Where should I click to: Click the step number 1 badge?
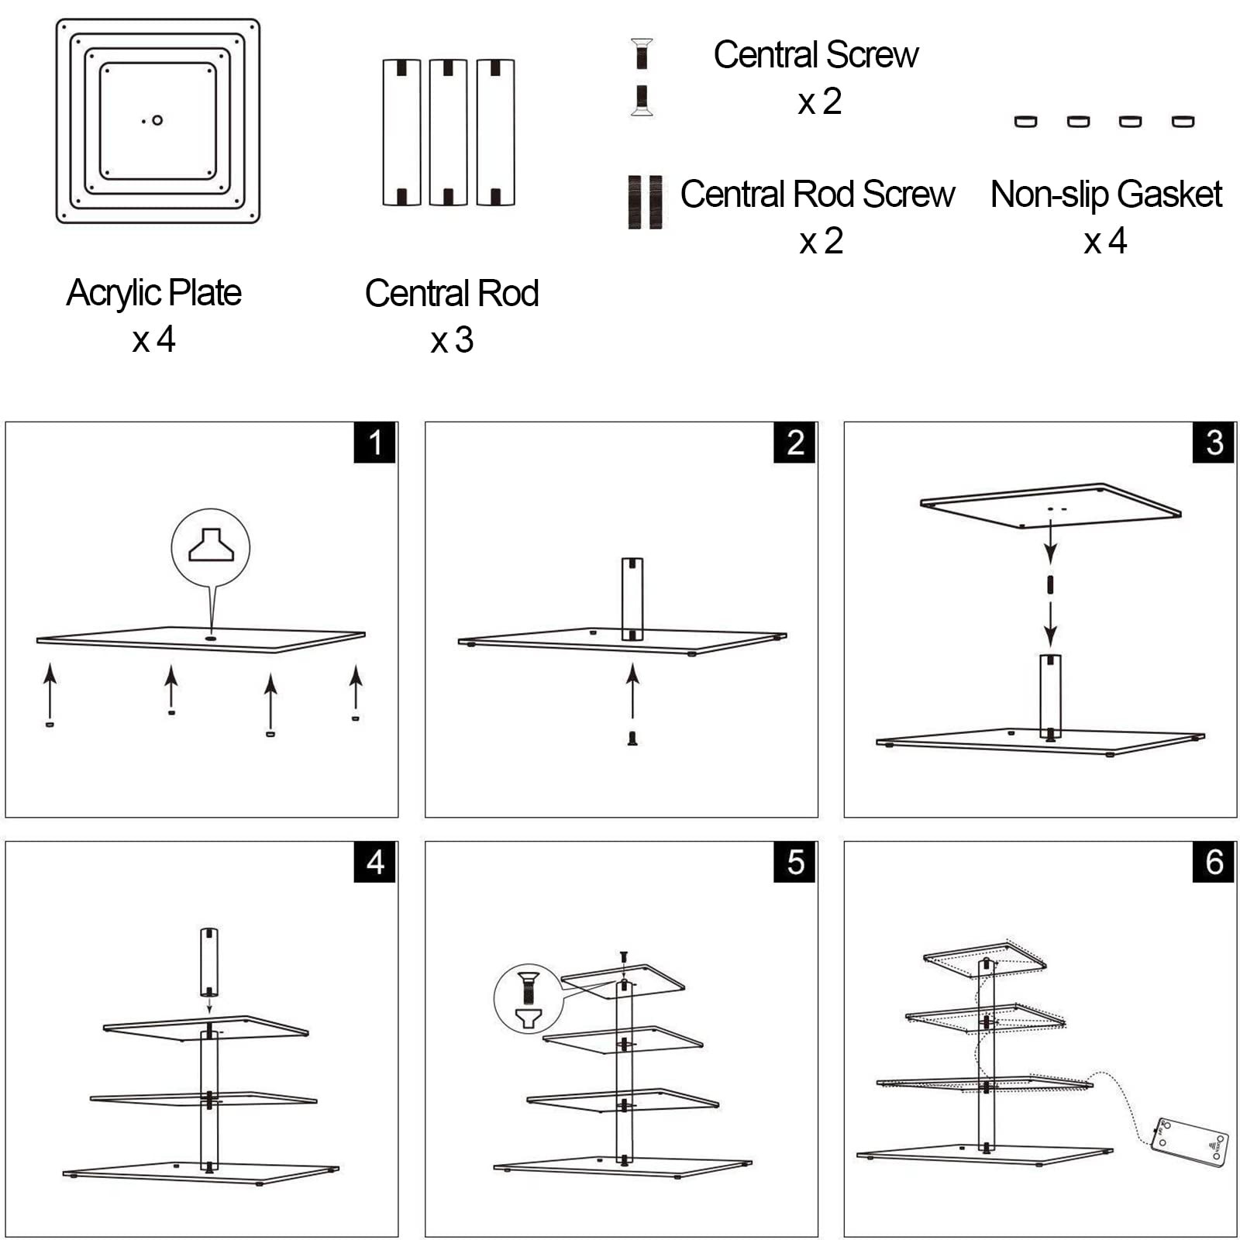[x=375, y=443]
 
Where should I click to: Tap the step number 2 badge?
[x=794, y=443]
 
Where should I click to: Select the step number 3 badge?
[x=1214, y=443]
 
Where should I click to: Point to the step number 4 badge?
[x=375, y=862]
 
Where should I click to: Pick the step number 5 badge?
[x=794, y=862]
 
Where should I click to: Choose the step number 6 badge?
[x=1214, y=862]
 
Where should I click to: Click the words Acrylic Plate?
[x=153, y=294]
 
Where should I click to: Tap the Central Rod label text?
[x=452, y=294]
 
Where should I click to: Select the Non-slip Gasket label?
[x=1106, y=195]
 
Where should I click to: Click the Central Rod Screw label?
[x=818, y=195]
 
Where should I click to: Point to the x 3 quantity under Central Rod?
[x=452, y=340]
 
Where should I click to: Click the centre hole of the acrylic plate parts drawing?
[x=157, y=120]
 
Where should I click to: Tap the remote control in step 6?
[x=1190, y=1140]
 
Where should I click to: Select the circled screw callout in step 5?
[x=528, y=1000]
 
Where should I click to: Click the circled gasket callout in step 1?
[x=211, y=546]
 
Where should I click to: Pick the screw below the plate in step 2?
[x=632, y=738]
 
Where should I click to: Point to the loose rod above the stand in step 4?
[x=209, y=962]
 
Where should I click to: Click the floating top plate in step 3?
[x=1050, y=505]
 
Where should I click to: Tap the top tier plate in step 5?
[x=622, y=980]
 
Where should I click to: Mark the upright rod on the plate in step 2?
[x=632, y=598]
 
